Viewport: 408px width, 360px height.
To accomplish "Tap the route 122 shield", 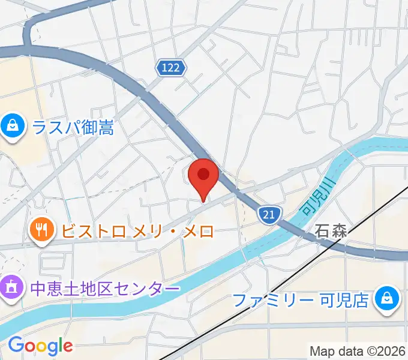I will point(171,68).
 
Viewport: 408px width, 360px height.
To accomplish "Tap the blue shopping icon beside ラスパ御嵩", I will point(12,127).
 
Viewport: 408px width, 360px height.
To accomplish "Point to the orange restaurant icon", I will point(41,230).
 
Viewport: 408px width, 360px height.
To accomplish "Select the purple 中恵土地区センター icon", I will point(12,288).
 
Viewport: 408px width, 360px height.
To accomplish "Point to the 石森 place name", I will point(331,232).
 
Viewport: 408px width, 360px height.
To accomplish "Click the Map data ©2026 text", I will point(358,350).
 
